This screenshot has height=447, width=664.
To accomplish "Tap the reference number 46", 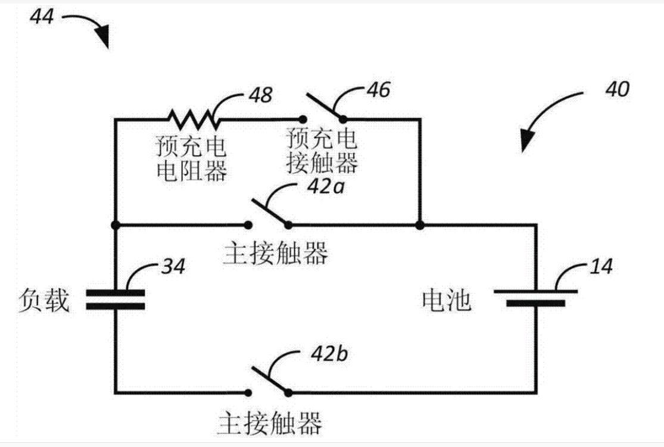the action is (x=378, y=90).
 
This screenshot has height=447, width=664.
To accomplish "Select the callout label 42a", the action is (x=326, y=186).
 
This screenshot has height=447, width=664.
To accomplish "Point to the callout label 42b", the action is (x=329, y=354).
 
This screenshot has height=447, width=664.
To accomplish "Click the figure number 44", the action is (x=42, y=17).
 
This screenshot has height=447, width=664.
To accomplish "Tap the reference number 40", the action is (x=618, y=89).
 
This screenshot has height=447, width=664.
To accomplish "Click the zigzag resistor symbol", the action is (x=194, y=120).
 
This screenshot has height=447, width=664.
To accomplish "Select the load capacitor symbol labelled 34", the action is (x=115, y=299).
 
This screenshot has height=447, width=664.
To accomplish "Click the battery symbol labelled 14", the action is (x=536, y=297).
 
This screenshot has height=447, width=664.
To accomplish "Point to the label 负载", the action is (x=44, y=300).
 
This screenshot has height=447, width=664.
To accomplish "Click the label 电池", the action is (x=446, y=300).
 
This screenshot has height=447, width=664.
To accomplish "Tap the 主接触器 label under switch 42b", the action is (x=270, y=422).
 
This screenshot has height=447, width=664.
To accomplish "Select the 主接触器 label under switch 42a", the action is (x=275, y=253).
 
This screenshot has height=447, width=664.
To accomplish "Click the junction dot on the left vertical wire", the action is (x=115, y=225).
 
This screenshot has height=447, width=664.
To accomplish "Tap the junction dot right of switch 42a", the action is (x=420, y=225).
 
